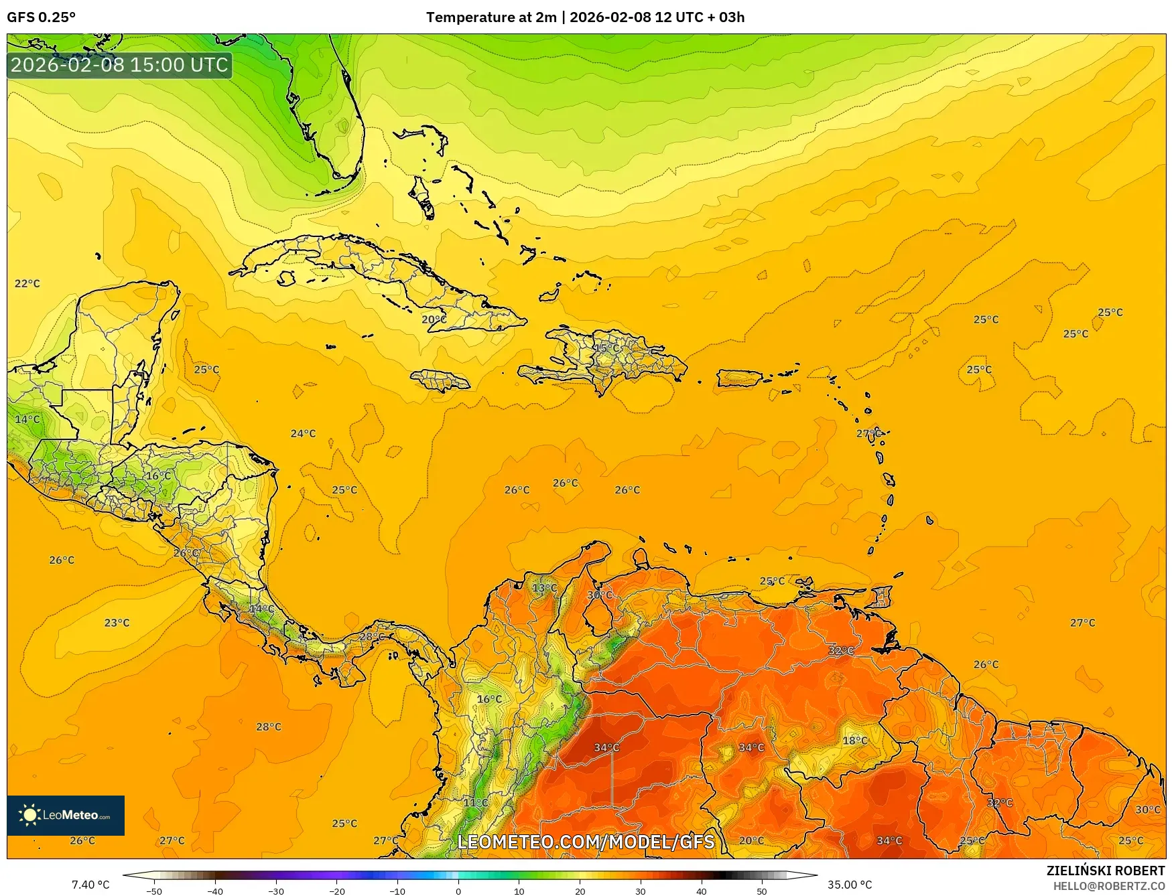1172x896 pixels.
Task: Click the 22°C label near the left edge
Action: tap(27, 284)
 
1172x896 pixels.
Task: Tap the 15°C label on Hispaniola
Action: tap(607, 348)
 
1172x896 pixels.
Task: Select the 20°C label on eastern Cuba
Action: tap(434, 320)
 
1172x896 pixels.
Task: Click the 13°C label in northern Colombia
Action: tap(544, 588)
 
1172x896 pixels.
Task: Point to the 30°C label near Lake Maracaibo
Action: tap(600, 595)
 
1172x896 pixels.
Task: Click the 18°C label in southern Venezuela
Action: tap(855, 741)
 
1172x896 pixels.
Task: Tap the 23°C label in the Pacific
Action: tap(117, 623)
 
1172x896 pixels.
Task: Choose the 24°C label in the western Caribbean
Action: tap(303, 434)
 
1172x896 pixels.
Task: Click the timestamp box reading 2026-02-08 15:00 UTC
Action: tap(119, 65)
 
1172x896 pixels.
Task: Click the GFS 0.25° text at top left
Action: tap(41, 17)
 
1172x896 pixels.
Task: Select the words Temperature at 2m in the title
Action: tap(491, 17)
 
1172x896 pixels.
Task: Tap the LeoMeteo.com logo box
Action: tap(66, 815)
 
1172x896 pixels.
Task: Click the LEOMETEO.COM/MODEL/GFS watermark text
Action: tap(586, 842)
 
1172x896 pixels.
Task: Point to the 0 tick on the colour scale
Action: tap(458, 891)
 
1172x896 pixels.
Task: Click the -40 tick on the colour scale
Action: tap(214, 891)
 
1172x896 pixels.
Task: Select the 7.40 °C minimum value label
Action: tap(90, 885)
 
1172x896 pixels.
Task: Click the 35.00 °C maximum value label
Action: tap(850, 885)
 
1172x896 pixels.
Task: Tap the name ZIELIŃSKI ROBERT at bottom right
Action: tap(1106, 871)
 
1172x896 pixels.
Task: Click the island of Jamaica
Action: tap(441, 381)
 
